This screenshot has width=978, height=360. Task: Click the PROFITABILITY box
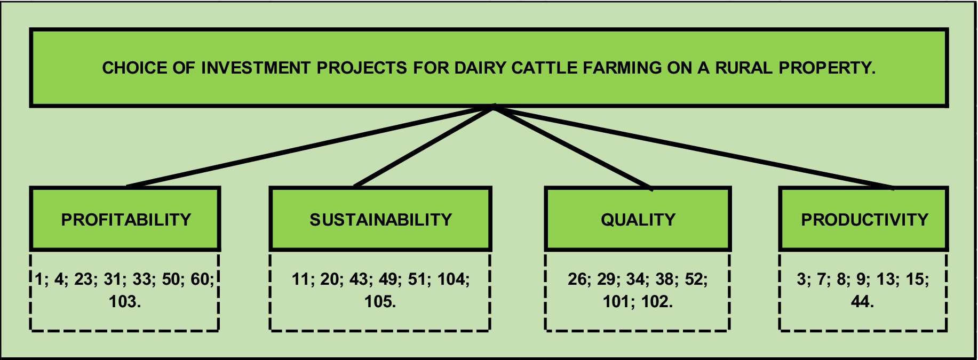[125, 219]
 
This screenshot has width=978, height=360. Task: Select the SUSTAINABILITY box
[380, 219]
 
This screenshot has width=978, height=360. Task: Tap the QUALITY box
[638, 219]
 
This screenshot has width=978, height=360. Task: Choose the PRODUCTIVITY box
[863, 219]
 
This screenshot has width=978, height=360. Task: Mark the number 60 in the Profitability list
[200, 279]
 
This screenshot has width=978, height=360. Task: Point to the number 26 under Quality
[577, 279]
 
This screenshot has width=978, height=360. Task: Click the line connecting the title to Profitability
[311, 147]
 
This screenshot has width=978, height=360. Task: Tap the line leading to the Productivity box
[694, 147]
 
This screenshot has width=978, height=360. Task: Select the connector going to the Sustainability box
[425, 147]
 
